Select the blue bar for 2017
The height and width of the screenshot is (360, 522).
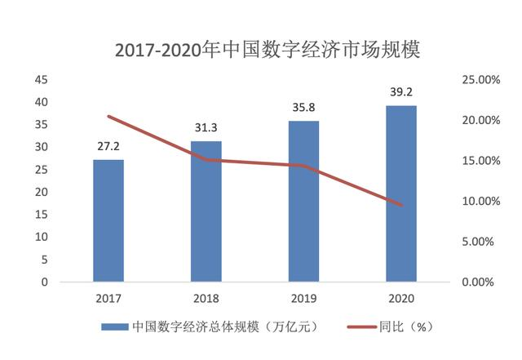(108, 220)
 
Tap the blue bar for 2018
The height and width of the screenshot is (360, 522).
(206, 211)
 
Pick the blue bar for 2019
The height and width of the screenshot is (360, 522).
(304, 202)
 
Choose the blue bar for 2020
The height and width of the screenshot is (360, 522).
(401, 193)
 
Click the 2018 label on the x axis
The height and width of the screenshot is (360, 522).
(206, 298)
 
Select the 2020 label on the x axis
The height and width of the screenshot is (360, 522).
(401, 298)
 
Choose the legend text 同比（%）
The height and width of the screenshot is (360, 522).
(405, 327)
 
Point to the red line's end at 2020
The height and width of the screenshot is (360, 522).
(401, 205)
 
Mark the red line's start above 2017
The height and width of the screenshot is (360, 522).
(108, 117)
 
